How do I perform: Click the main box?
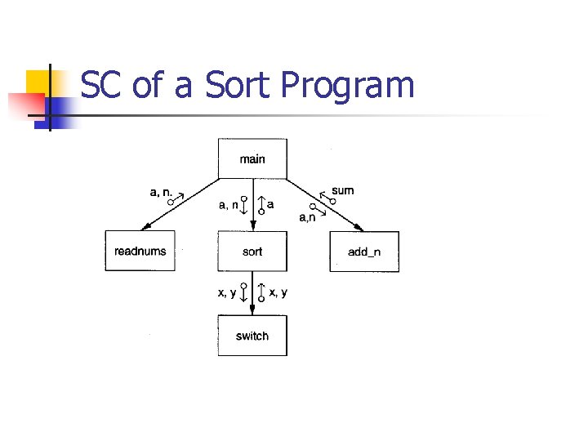(252, 158)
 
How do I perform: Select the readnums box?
(140, 251)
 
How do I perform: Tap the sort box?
(252, 251)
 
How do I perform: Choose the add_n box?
(364, 252)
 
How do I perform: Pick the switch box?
(252, 336)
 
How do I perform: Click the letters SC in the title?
(102, 85)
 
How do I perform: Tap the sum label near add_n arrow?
(343, 190)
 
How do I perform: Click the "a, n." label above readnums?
(162, 192)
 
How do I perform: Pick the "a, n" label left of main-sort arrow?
(228, 205)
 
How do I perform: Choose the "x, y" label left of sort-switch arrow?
(226, 293)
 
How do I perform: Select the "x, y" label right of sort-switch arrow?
(278, 293)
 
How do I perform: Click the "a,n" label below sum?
(308, 217)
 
